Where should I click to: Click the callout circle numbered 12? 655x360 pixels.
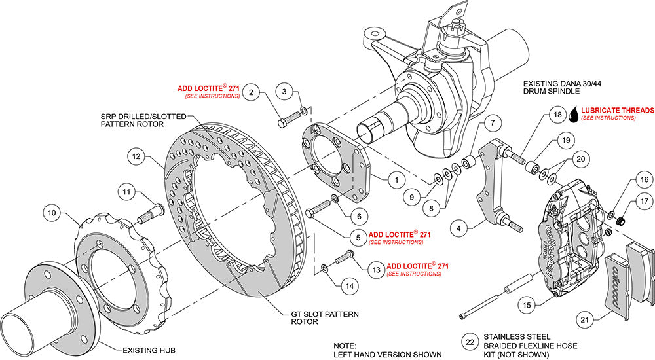[x=135, y=158]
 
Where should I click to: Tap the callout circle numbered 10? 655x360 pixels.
[x=52, y=211]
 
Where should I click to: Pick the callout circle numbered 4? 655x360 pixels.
[x=461, y=228]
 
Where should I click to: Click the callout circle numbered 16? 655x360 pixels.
[x=643, y=179]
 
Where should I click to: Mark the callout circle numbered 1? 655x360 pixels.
[x=396, y=177]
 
